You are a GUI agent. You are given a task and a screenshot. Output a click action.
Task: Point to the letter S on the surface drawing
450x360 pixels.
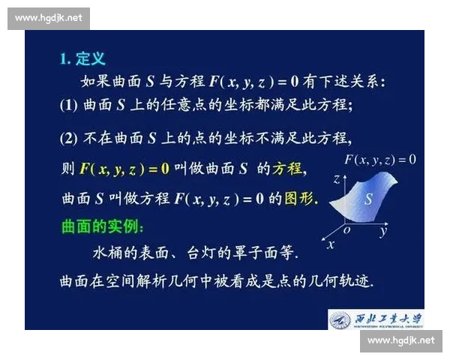(368, 199)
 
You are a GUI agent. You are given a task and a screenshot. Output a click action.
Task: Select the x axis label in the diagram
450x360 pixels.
(330, 244)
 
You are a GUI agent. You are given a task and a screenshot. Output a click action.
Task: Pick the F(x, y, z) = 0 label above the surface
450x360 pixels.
(379, 159)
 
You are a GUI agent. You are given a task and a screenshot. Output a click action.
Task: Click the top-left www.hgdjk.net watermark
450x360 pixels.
(48, 18)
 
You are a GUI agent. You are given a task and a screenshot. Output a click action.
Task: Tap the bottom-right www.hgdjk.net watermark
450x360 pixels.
(401, 341)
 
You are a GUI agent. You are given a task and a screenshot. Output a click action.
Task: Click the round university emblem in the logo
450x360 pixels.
(340, 319)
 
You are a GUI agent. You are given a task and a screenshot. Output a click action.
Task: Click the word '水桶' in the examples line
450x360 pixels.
(106, 251)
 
